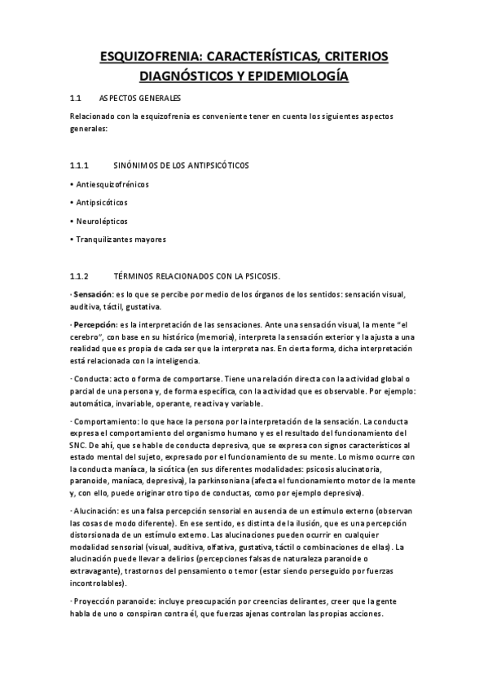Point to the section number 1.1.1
(x=82, y=165)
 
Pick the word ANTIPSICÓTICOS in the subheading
(x=219, y=165)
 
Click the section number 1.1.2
(x=82, y=275)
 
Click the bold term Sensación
(x=91, y=293)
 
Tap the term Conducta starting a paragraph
(x=92, y=380)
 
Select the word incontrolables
(x=99, y=583)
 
